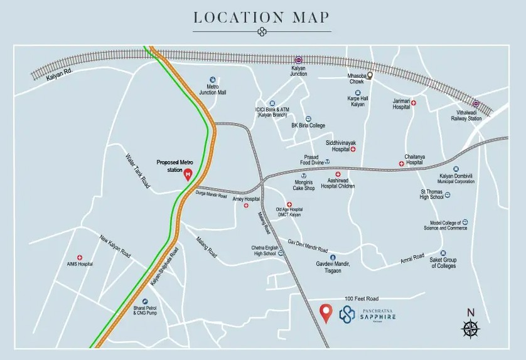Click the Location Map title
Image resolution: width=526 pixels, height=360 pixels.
point(262,17)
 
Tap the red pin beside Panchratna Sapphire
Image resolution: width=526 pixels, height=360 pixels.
point(326,312)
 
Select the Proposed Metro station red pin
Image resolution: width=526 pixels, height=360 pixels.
point(188,174)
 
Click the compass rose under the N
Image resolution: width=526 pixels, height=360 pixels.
point(471,328)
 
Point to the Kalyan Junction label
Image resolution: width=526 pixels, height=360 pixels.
point(299,71)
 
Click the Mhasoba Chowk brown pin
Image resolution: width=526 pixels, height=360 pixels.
point(370,75)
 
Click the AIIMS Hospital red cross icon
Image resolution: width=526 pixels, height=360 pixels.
point(80,257)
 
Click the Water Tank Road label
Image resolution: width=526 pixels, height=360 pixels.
point(139,171)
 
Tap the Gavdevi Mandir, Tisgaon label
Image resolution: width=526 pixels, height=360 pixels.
point(333,268)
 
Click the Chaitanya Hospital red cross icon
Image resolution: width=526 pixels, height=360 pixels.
point(402,164)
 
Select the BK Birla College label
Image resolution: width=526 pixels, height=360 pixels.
point(308,125)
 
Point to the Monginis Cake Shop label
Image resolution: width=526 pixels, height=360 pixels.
point(304,185)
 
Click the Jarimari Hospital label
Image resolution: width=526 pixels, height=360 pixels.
point(405,104)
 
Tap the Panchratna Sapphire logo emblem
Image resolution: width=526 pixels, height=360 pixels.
point(347,313)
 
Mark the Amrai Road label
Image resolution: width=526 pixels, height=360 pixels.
point(412,260)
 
